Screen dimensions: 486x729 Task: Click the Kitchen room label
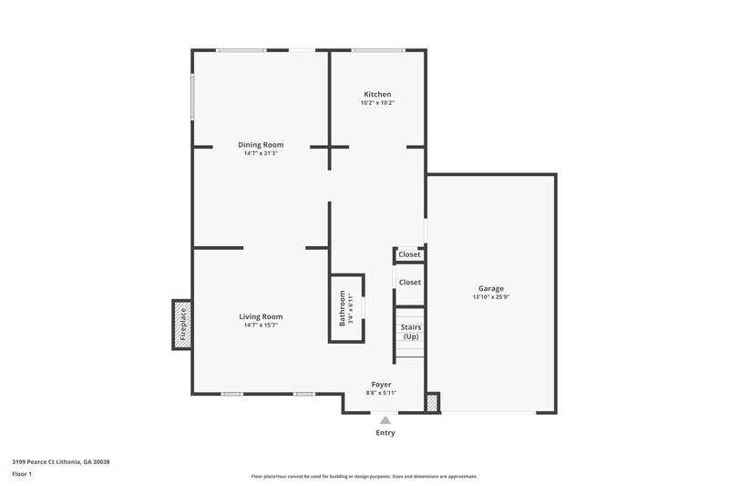(x=377, y=95)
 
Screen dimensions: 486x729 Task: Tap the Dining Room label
(x=261, y=145)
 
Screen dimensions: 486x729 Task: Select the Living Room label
(x=261, y=316)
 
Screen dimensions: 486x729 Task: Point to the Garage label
(x=491, y=289)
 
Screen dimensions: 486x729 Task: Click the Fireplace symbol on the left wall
(x=182, y=325)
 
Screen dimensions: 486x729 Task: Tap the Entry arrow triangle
(x=385, y=420)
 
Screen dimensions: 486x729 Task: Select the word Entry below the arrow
(x=385, y=432)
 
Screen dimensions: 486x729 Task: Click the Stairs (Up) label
(x=411, y=331)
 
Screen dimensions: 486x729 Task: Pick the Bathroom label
(x=344, y=308)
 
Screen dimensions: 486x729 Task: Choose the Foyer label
(x=382, y=385)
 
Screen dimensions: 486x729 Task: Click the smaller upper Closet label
(x=410, y=254)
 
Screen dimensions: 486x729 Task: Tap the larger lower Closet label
(x=410, y=283)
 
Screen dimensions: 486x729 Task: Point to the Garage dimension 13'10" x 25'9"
(x=491, y=297)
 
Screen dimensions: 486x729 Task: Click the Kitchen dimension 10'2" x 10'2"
(x=377, y=103)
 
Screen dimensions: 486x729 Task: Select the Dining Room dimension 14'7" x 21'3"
(x=261, y=153)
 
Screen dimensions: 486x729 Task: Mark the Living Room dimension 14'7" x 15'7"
(x=261, y=325)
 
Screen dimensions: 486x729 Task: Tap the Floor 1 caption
(x=22, y=475)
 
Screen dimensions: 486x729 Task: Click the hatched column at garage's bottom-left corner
(x=433, y=402)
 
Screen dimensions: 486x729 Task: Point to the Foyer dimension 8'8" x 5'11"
(x=382, y=393)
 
